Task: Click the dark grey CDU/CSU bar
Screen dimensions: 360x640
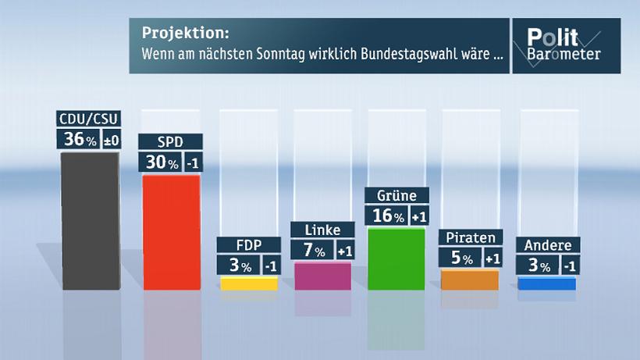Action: (x=90, y=221)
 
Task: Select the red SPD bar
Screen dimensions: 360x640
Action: (x=171, y=233)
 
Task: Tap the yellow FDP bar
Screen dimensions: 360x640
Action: (x=249, y=283)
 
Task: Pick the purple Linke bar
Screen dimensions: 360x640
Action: (x=322, y=276)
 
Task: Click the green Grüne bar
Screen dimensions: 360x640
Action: (x=396, y=258)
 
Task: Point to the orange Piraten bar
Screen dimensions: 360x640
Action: (x=470, y=280)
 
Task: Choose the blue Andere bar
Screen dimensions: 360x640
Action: (x=546, y=283)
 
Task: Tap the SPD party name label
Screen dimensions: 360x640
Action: (x=171, y=142)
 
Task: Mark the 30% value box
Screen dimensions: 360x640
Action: (x=159, y=162)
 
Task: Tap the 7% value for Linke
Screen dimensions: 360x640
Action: (x=313, y=250)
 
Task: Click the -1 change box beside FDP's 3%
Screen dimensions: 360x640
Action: (x=270, y=266)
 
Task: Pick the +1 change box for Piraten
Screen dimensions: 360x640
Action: (x=492, y=258)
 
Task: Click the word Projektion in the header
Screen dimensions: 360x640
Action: (x=186, y=36)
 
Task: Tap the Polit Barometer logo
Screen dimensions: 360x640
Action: (x=565, y=45)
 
